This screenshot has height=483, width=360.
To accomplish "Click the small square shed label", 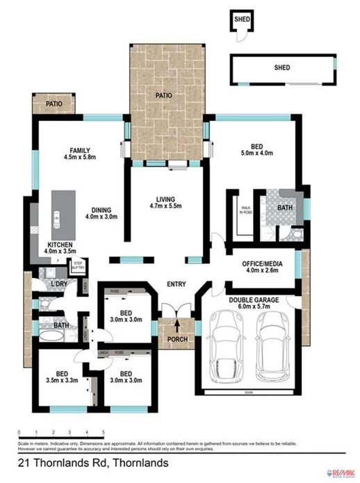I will click(x=242, y=19).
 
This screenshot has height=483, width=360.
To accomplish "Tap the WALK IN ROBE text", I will click(x=245, y=209).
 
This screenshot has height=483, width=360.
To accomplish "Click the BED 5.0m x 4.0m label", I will click(x=256, y=149).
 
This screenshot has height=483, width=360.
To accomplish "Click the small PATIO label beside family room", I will click(x=54, y=104).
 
